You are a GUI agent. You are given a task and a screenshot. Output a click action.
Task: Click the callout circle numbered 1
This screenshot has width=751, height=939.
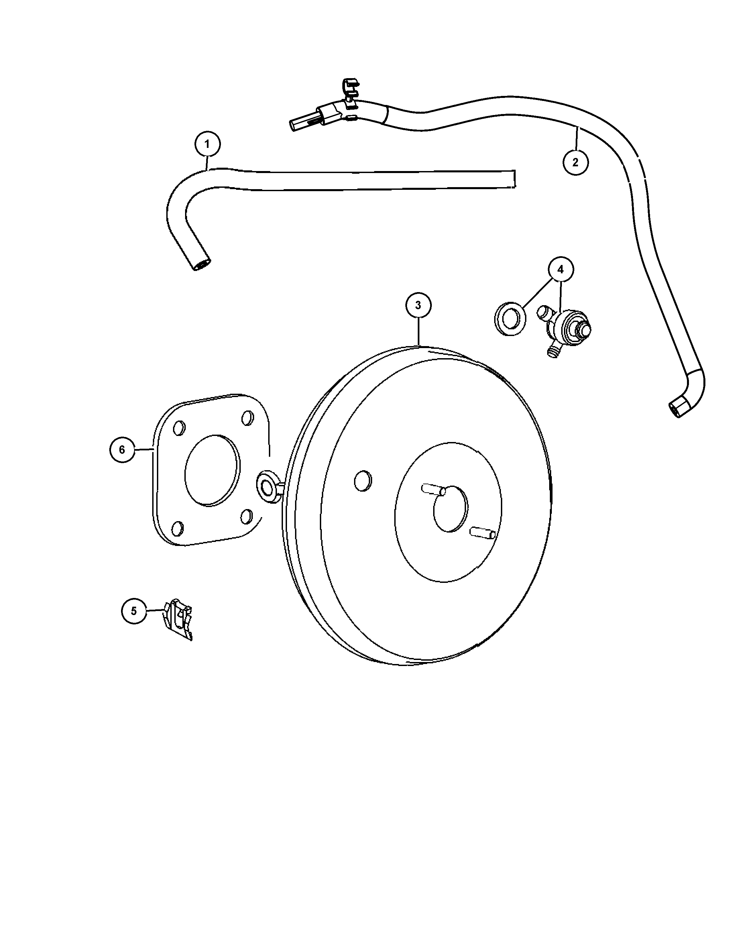pos(207,144)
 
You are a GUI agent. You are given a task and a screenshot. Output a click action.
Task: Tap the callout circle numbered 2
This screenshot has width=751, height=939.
pos(576,162)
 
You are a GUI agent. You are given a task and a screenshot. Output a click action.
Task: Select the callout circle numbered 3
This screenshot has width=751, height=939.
pos(418,305)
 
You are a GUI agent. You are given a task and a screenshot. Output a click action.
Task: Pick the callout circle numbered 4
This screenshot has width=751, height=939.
pos(560,270)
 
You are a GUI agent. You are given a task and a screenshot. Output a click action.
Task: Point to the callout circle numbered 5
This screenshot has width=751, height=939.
pos(134,611)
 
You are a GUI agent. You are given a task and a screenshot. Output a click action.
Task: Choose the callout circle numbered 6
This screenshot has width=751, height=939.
pos(122,449)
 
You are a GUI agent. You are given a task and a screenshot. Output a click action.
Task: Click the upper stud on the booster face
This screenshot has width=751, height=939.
pos(434,490)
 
